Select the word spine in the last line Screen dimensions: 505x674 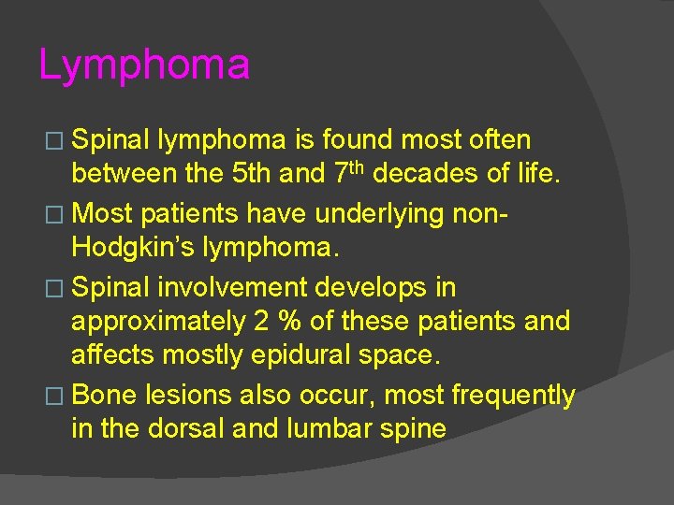413,430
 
